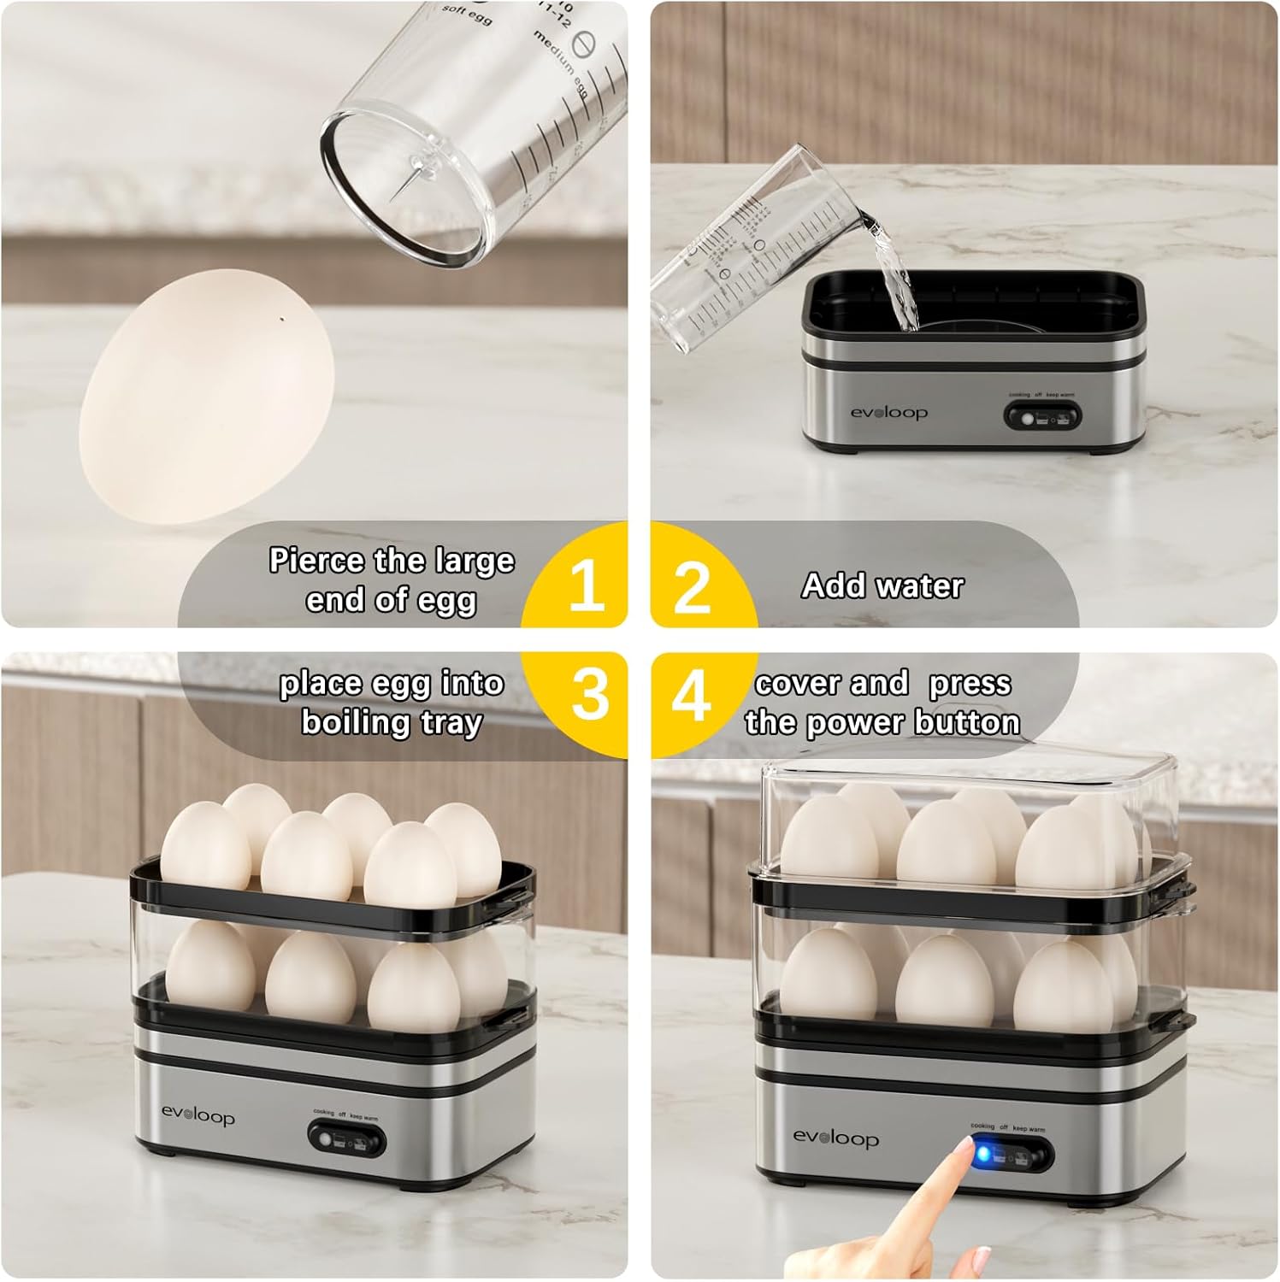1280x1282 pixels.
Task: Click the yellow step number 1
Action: (587, 585)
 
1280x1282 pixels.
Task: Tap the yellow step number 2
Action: (692, 587)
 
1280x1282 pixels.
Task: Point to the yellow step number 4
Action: (691, 694)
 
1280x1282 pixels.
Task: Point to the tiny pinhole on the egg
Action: (282, 320)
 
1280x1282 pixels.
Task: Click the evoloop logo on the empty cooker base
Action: (888, 413)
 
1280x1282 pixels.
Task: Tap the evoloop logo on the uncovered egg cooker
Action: (198, 1115)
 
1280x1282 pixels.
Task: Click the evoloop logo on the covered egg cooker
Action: (835, 1138)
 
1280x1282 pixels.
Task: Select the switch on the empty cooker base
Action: (1041, 417)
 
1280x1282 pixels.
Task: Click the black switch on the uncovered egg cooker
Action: (346, 1138)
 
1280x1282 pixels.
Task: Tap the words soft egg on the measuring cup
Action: (466, 15)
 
